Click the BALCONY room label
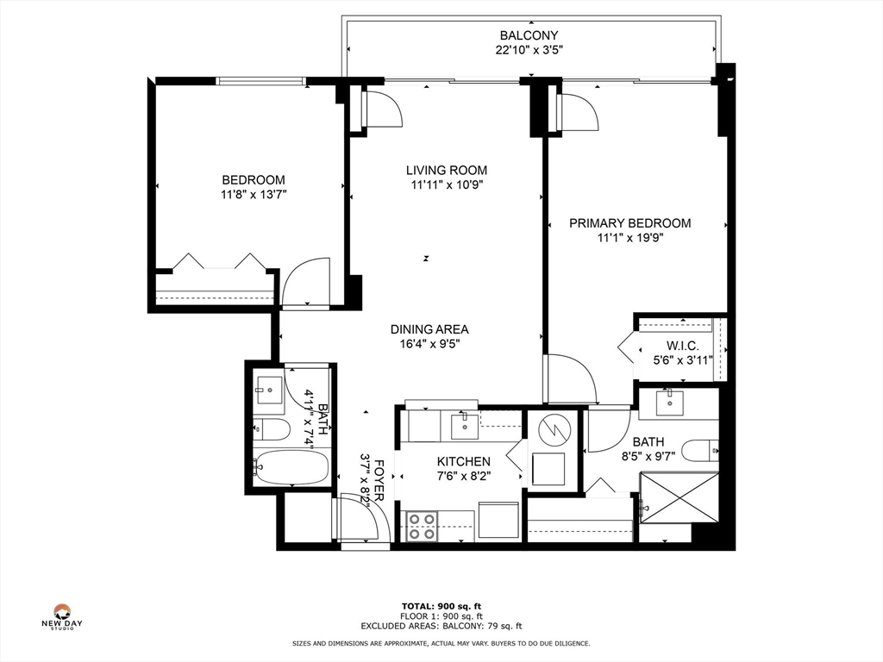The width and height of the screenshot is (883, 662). pos(529,35)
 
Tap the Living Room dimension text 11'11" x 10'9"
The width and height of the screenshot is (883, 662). pos(448,184)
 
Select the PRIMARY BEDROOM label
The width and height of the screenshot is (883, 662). pos(630,223)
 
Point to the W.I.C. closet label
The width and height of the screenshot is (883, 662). pos(683,346)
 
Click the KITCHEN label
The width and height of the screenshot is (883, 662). pos(463,462)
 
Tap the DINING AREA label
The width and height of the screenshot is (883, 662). pos(429,329)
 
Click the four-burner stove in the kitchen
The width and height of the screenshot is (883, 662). pos(422,526)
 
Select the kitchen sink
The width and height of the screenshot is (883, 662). pos(465,426)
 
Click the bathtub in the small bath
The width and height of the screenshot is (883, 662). pos(291,466)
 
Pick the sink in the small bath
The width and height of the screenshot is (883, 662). pos(270,390)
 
